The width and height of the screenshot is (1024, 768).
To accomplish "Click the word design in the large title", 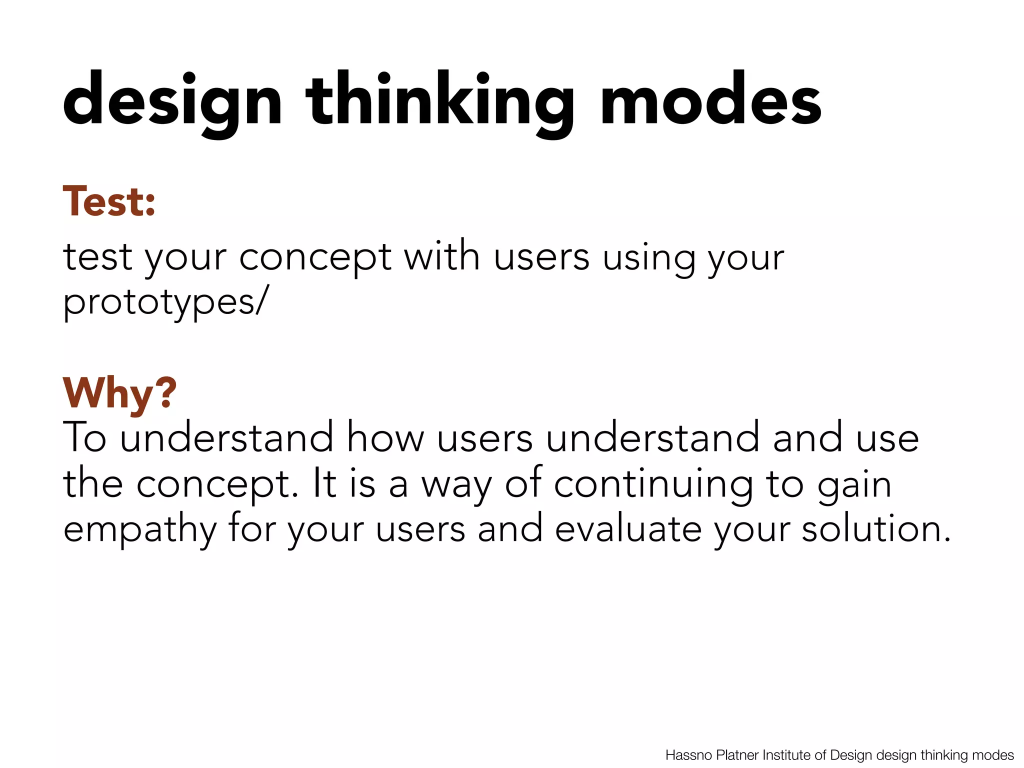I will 172,100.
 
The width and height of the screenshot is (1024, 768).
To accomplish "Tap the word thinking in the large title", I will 440,100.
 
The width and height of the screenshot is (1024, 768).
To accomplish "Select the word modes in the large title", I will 710,100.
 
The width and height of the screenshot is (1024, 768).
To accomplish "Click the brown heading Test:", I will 109,201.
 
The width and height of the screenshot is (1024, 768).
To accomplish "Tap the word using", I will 649,258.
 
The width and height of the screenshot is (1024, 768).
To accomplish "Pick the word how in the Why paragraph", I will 385,438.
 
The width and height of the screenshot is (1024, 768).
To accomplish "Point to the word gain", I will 854,485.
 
